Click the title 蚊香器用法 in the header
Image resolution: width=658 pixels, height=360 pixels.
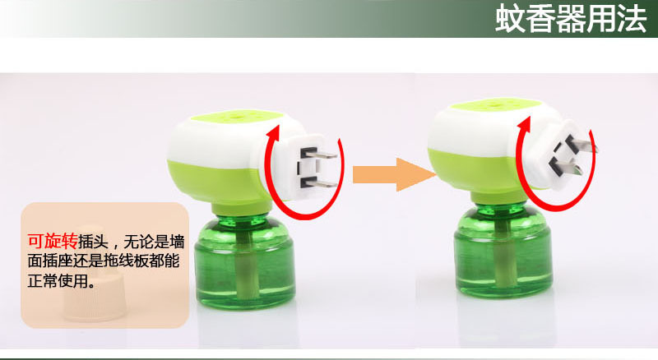pos(571,18)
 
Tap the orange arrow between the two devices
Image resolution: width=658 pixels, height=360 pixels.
pos(394,174)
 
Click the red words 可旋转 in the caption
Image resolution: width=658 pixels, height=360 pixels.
pos(53,242)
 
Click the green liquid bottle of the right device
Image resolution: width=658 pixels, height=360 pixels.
pos(503,252)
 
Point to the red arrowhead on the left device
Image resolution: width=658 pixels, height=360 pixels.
pos(275,133)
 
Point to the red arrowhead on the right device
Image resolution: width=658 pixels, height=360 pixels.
pos(524,126)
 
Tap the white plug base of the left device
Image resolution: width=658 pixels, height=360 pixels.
pos(300,168)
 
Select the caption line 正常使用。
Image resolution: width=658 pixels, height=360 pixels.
pos(61,280)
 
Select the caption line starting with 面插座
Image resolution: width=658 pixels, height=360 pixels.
pos(104,261)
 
